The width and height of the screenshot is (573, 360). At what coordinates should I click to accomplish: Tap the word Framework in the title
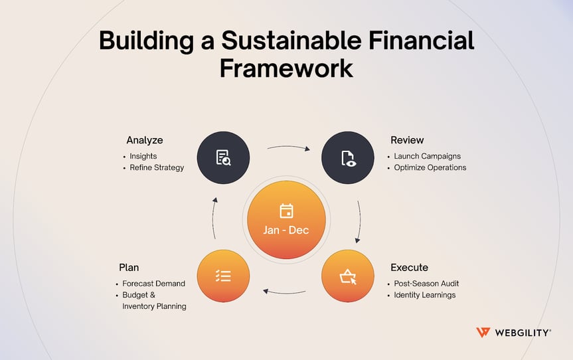pos(286,68)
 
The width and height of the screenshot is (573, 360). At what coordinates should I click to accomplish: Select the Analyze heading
pos(144,140)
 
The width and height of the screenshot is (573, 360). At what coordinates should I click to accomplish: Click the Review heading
pos(407,140)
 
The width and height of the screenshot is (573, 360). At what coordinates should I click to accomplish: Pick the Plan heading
pos(129,267)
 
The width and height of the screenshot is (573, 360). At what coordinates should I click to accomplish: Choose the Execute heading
pos(409,267)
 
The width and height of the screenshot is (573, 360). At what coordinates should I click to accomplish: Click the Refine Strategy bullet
pos(157,167)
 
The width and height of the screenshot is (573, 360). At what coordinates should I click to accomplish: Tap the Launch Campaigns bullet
pos(427,156)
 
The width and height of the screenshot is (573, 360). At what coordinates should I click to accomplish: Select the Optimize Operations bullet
pos(430,167)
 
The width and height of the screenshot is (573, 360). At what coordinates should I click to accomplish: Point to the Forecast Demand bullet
pos(153,284)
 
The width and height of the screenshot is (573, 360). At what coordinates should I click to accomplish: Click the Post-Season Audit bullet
pos(426,284)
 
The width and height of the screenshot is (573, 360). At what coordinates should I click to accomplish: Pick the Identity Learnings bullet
pos(424,295)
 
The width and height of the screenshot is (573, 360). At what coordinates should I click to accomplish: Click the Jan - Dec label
pos(286,230)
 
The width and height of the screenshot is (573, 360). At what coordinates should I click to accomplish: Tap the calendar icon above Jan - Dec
pos(286,211)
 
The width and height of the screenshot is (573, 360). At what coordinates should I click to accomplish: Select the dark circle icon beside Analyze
pos(223,158)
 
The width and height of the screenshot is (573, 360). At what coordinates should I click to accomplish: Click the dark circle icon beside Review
pos(348,158)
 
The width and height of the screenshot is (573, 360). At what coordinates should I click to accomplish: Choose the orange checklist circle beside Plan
pos(223,276)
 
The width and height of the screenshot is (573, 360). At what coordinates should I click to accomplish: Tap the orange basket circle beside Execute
pos(348,276)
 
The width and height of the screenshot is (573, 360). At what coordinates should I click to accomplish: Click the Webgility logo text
pos(521,333)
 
